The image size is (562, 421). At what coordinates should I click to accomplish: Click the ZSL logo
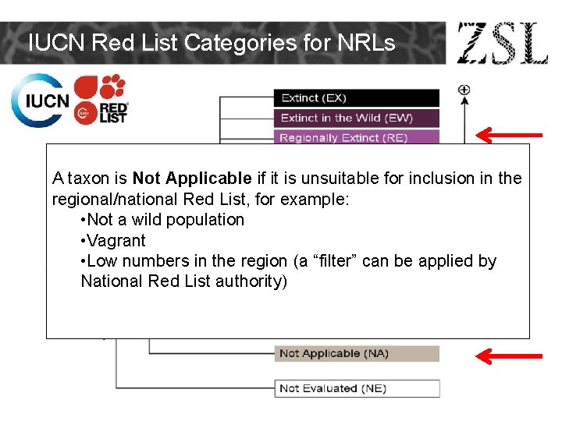coord(502,43)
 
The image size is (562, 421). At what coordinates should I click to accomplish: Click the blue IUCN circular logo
coord(40,101)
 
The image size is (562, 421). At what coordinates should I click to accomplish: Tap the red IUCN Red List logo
coord(101,99)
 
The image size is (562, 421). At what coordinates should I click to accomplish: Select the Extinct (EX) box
coord(356,98)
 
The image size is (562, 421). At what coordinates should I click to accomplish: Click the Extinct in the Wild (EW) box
coord(356,118)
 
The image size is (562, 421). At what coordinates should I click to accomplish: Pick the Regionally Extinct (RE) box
coord(356,137)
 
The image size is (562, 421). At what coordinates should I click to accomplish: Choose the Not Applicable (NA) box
coord(356,353)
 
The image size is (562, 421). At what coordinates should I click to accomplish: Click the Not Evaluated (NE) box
coord(356,388)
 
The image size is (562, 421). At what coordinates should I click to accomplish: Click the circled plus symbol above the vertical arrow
coord(464,90)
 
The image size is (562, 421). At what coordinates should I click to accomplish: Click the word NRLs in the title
coord(366,43)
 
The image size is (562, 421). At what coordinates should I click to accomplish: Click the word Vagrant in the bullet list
coord(116,241)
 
